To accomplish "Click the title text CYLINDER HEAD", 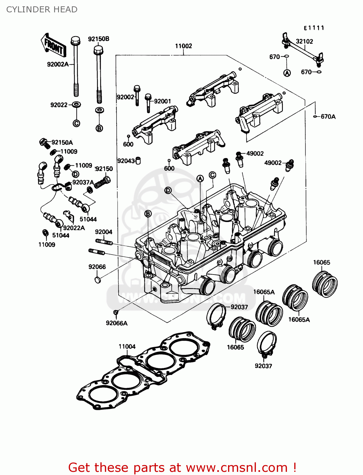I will tap(42, 9).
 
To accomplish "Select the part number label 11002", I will tap(183, 46).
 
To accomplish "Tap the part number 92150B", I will tap(99, 39).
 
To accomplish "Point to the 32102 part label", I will tap(304, 41).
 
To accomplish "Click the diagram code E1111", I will tap(314, 28).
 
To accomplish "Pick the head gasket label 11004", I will tap(127, 346).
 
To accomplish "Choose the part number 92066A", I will tap(117, 323).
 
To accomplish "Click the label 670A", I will tap(328, 117).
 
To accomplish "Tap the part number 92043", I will tap(126, 161).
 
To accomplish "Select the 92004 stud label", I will tap(104, 232).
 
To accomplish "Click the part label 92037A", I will tap(83, 182).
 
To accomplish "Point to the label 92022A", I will tap(74, 228).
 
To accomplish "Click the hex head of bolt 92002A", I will tap(75, 40).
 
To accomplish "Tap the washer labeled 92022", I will tap(76, 104).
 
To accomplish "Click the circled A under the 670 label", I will tap(287, 73).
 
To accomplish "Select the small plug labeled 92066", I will tap(98, 280).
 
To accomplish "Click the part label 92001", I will tap(162, 101).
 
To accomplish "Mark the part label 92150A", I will tap(62, 142).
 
